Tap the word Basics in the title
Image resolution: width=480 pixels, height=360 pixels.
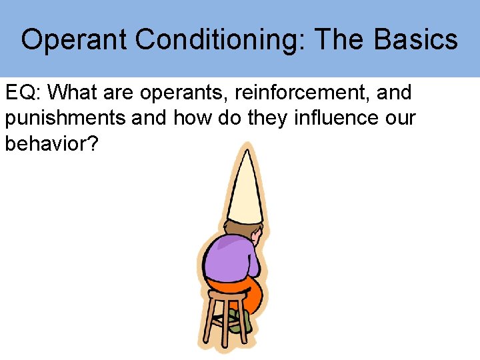click(416, 40)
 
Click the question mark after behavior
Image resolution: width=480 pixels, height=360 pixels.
click(92, 145)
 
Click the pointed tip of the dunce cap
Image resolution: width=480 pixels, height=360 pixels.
click(248, 147)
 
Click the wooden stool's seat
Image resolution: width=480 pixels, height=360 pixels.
click(227, 293)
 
